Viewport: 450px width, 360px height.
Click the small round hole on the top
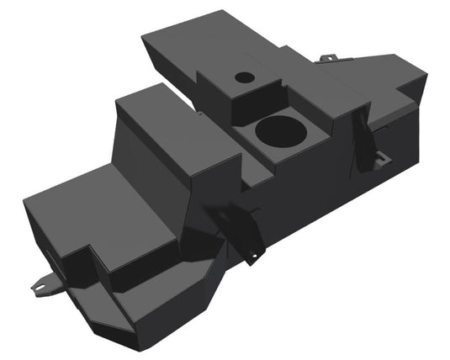click(x=244, y=77)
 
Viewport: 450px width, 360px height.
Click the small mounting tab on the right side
click(x=383, y=157)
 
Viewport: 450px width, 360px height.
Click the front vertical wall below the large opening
click(x=286, y=177)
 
